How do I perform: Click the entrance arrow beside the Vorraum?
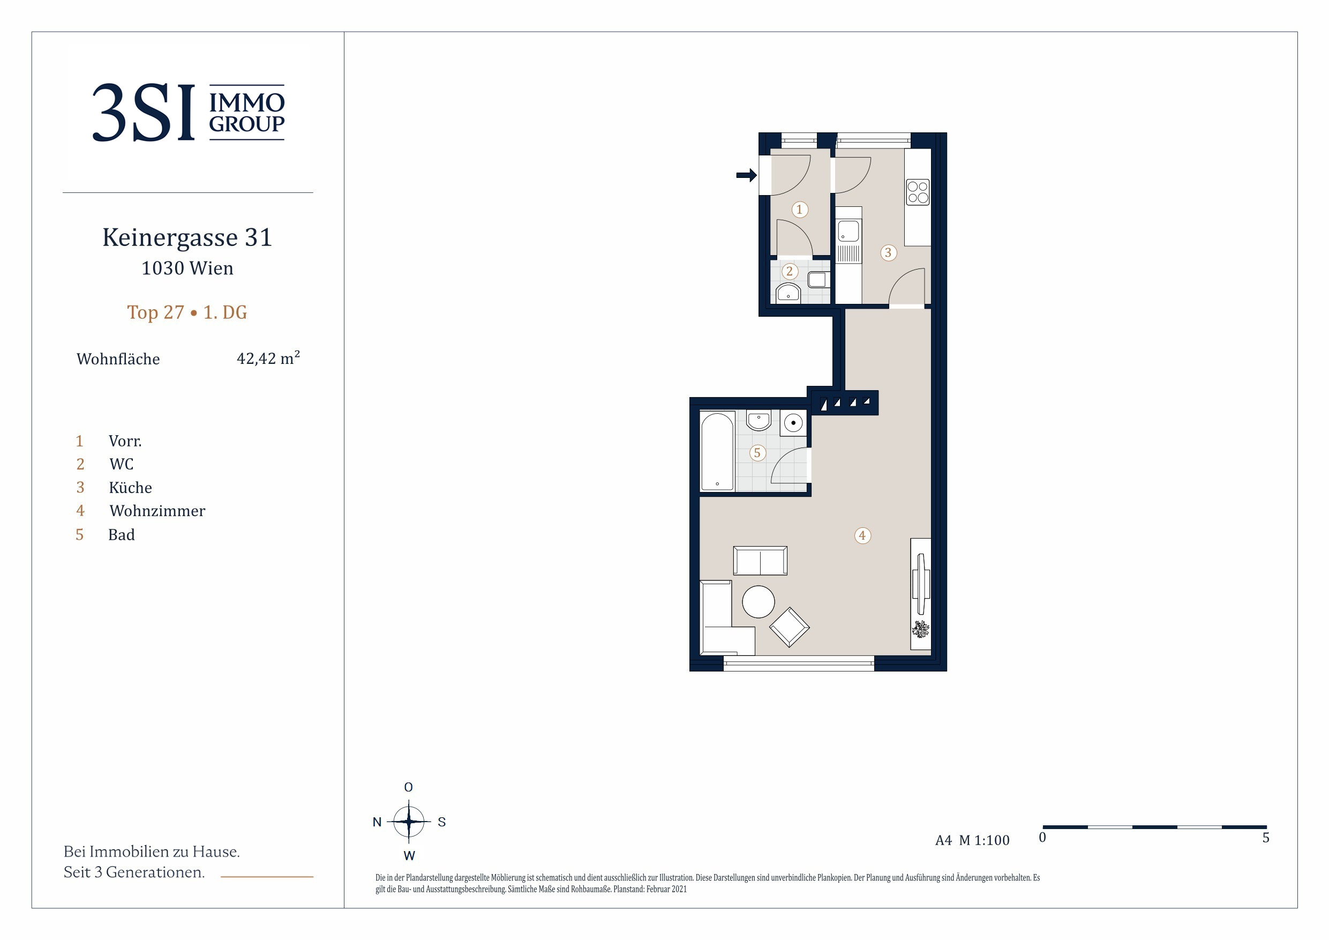(x=746, y=175)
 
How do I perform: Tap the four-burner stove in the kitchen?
(x=918, y=192)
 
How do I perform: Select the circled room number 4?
(x=862, y=536)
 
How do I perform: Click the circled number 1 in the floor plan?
(x=799, y=210)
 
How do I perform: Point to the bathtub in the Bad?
(x=717, y=452)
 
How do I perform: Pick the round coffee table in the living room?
(x=759, y=602)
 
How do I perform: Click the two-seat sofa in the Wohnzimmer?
(x=760, y=561)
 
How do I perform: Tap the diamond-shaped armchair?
(x=789, y=626)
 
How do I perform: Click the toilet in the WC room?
(x=818, y=279)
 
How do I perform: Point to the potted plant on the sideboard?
(x=920, y=629)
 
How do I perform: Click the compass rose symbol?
(x=409, y=821)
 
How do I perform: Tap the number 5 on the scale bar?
(x=1266, y=838)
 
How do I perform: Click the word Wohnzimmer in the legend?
(x=157, y=511)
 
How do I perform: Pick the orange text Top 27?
(x=155, y=313)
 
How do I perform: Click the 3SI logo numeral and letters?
(x=144, y=113)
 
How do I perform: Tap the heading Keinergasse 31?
(x=187, y=237)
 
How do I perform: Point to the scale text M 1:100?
(x=984, y=840)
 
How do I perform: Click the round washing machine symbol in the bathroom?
(x=793, y=423)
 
